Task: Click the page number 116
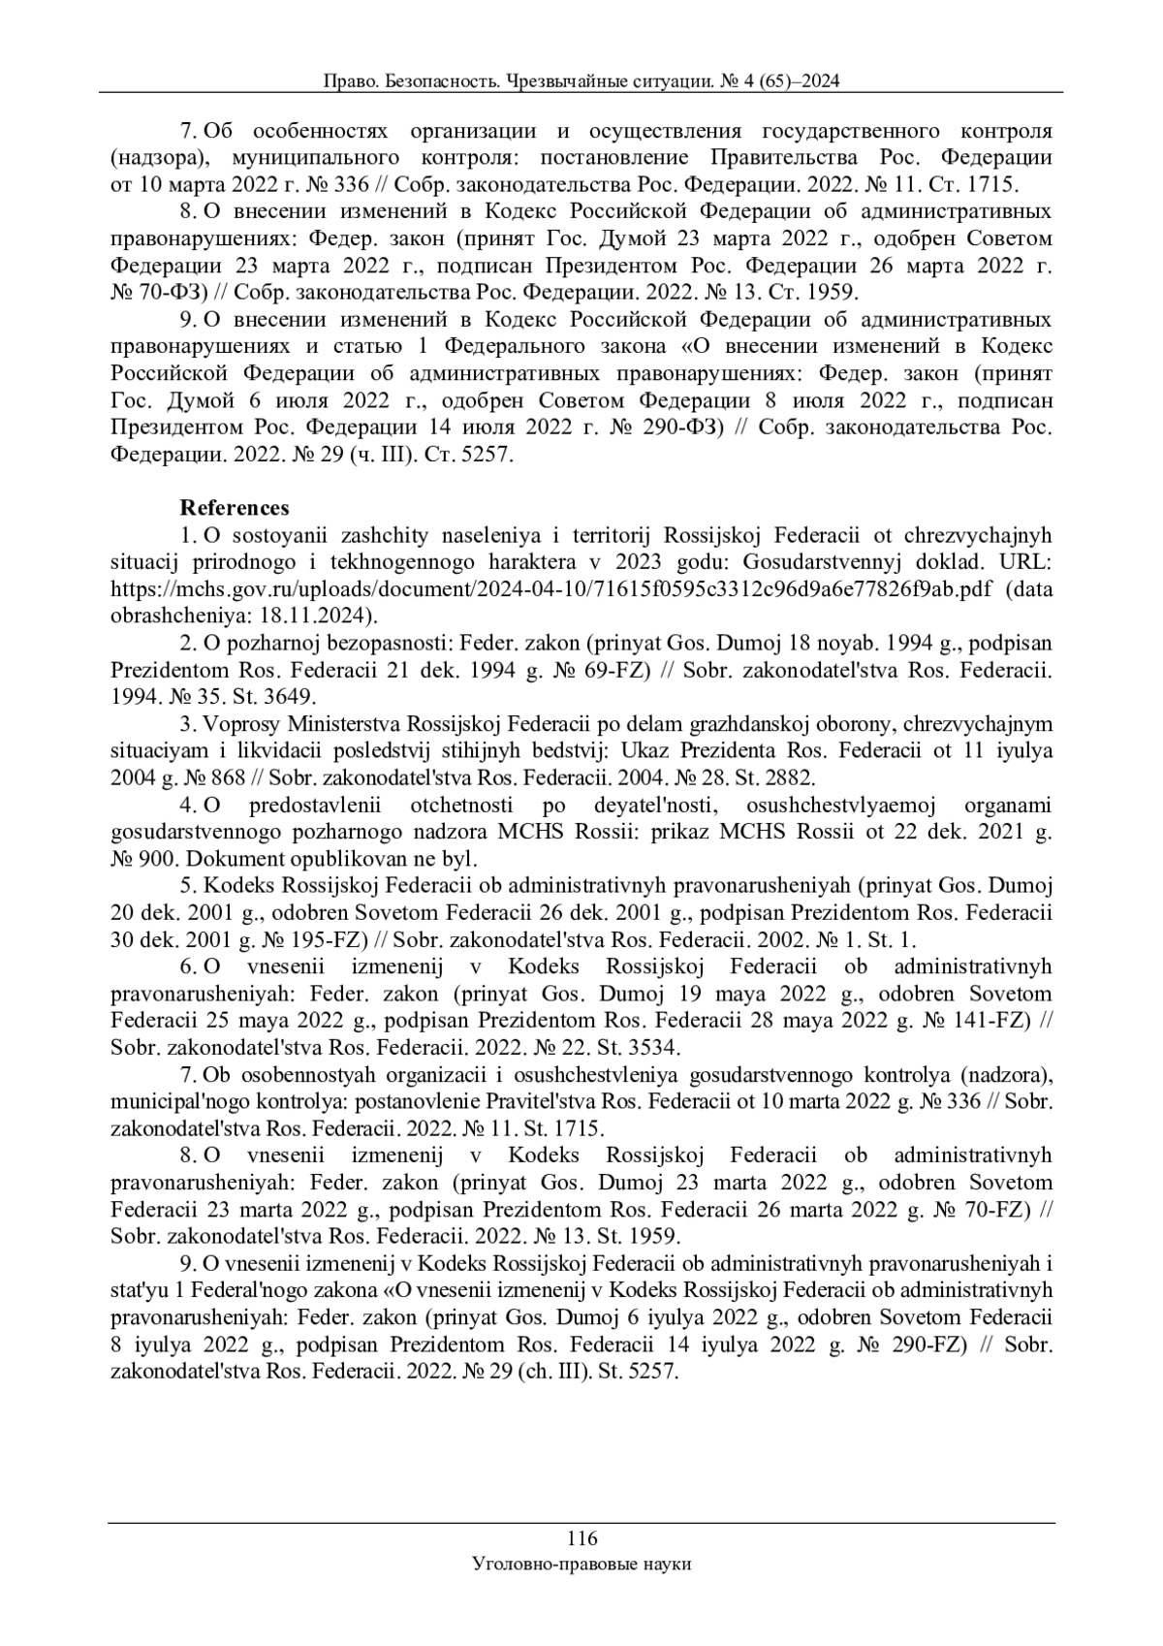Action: [581, 1537]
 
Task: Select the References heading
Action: [235, 508]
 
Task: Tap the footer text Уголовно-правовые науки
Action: [581, 1564]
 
